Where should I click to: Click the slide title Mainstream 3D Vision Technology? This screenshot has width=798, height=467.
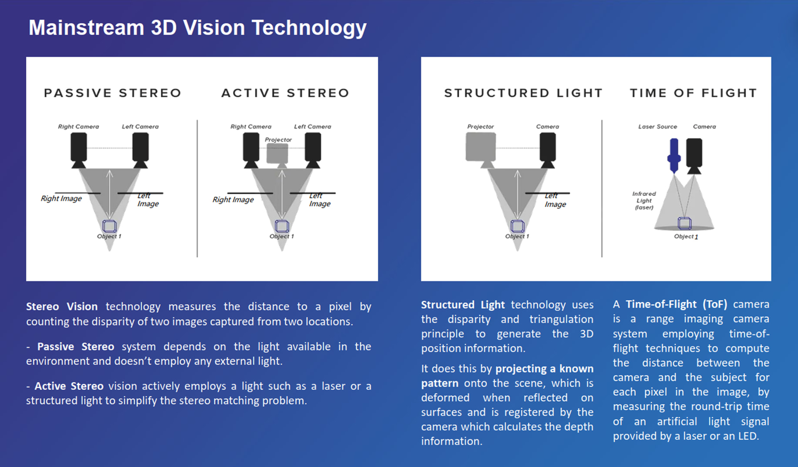pyautogui.click(x=197, y=28)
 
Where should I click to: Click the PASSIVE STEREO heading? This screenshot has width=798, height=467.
pyautogui.click(x=113, y=93)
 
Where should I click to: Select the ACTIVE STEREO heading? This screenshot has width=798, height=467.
pyautogui.click(x=285, y=93)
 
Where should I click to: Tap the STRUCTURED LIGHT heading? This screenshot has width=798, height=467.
pyautogui.click(x=523, y=93)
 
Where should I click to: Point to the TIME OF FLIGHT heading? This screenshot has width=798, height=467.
pyautogui.click(x=693, y=93)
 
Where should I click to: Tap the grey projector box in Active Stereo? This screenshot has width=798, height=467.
pyautogui.click(x=277, y=154)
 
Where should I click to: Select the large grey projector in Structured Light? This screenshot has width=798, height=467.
pyautogui.click(x=480, y=147)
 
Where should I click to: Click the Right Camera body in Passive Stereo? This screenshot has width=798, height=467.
pyautogui.click(x=79, y=147)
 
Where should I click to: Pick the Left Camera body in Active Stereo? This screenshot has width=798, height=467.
pyautogui.click(x=313, y=147)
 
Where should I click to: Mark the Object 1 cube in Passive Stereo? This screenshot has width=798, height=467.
pyautogui.click(x=109, y=226)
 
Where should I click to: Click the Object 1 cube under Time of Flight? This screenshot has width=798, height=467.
pyautogui.click(x=684, y=223)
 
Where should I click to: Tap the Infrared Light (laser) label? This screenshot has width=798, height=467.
pyautogui.click(x=644, y=200)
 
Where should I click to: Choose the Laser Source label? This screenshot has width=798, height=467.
pyautogui.click(x=658, y=127)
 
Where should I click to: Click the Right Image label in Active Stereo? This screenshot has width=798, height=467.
pyautogui.click(x=233, y=200)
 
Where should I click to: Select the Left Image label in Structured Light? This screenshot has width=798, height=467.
pyautogui.click(x=555, y=200)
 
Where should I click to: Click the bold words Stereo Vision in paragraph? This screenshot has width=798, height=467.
pyautogui.click(x=62, y=307)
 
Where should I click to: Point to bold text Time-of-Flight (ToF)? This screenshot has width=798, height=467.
pyautogui.click(x=676, y=304)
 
